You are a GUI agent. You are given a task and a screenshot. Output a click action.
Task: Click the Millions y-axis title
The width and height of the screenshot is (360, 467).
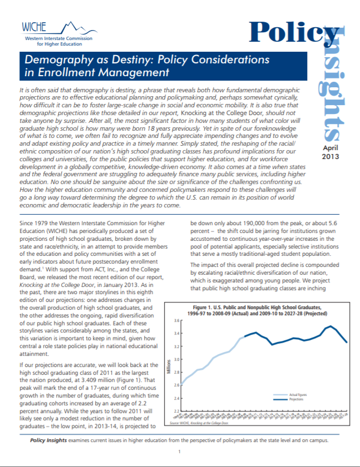coord(167,367)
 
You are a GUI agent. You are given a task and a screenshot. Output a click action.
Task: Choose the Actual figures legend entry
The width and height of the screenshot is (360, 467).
coord(298,395)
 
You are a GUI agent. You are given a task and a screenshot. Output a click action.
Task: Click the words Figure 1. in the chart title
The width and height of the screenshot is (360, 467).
coord(203,307)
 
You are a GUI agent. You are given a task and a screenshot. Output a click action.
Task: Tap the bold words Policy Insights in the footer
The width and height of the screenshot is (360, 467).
coord(48,440)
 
